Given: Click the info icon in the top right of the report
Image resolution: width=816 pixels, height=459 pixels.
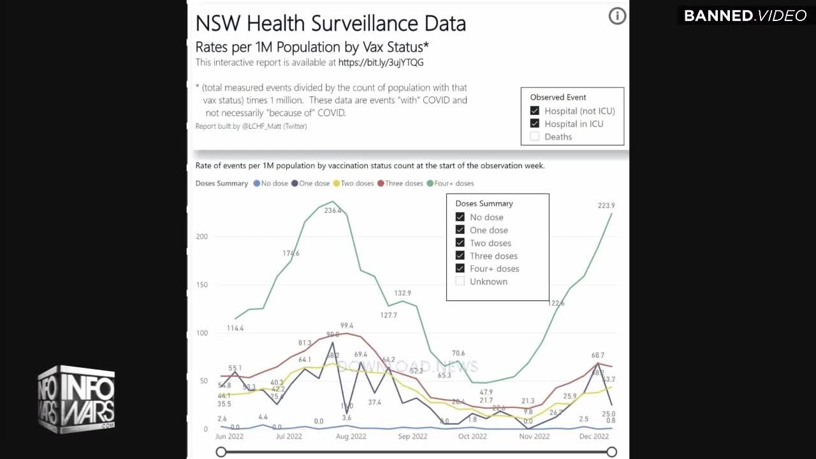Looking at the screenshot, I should [x=617, y=17].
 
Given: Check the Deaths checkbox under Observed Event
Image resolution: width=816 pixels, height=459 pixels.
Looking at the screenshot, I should [x=535, y=136].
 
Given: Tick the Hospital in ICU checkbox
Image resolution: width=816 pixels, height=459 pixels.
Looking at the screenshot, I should [x=535, y=124].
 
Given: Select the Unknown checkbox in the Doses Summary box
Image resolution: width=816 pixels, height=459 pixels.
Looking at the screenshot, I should [x=460, y=281].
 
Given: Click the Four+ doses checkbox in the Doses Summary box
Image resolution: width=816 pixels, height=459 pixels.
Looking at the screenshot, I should [x=460, y=268].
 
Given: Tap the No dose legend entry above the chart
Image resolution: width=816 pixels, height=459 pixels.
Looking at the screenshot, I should [x=271, y=183].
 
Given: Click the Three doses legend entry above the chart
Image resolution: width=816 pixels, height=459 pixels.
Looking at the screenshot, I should [x=400, y=183].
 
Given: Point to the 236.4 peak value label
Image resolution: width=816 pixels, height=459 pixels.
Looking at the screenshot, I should [x=333, y=210].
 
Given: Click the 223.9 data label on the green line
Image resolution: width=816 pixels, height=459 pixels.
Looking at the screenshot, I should [x=606, y=205].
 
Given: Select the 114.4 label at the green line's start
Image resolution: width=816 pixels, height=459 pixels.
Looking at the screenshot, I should [x=235, y=328].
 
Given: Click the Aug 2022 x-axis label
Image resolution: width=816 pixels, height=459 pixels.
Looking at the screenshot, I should [x=351, y=437].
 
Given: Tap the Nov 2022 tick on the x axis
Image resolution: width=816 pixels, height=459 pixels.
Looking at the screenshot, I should [x=534, y=437].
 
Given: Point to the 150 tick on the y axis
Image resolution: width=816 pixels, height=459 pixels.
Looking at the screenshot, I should [x=201, y=284].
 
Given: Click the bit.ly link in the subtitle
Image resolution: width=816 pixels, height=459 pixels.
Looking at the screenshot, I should [x=381, y=62].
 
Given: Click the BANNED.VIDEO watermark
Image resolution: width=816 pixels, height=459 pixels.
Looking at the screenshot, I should [x=745, y=16].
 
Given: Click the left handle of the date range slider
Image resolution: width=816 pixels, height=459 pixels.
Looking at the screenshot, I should [x=221, y=452].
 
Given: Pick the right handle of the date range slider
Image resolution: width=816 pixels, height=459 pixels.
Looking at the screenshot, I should [x=612, y=452].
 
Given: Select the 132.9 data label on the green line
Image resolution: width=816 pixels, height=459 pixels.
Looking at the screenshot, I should [x=402, y=293].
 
